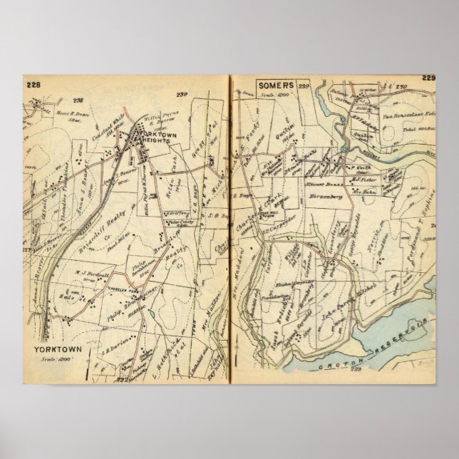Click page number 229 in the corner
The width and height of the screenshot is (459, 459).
coord(428,78)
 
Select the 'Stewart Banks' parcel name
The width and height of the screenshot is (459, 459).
coord(323,184)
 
